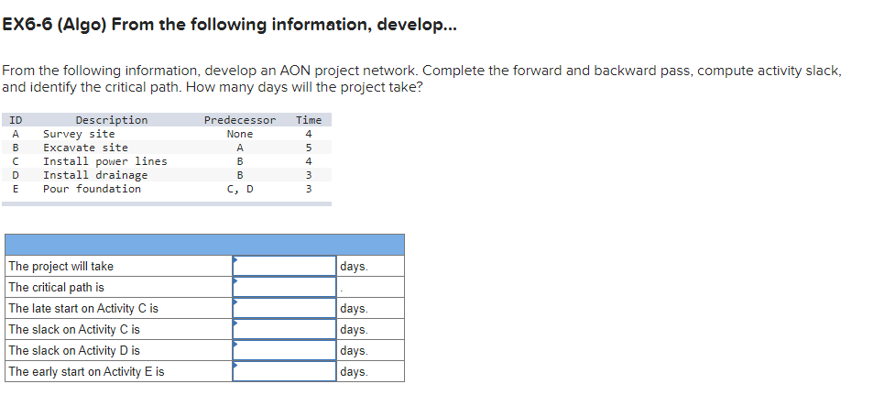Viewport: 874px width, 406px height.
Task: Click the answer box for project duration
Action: pyautogui.click(x=284, y=266)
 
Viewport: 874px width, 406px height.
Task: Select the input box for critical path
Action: pyautogui.click(x=284, y=287)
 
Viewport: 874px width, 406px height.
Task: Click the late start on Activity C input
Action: pyautogui.click(x=284, y=308)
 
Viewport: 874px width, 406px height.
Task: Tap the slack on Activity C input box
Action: pyautogui.click(x=284, y=329)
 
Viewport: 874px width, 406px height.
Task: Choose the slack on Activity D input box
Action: pyautogui.click(x=284, y=350)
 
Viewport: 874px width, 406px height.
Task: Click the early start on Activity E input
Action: pyautogui.click(x=284, y=371)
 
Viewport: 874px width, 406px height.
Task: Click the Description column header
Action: pyautogui.click(x=111, y=120)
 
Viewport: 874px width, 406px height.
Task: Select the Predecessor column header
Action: pyautogui.click(x=239, y=120)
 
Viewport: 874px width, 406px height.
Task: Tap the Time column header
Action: pyautogui.click(x=309, y=120)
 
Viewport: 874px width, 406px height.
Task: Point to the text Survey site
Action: pyautogui.click(x=79, y=134)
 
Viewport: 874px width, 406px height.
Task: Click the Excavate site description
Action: pyautogui.click(x=85, y=148)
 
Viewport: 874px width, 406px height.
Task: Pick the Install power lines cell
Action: pyautogui.click(x=104, y=161)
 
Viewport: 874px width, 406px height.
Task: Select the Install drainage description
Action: pyautogui.click(x=95, y=175)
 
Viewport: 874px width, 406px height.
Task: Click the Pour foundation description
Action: pyautogui.click(x=92, y=189)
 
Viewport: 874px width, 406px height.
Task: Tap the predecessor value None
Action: pyautogui.click(x=239, y=134)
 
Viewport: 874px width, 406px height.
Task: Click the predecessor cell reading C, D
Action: pyautogui.click(x=239, y=189)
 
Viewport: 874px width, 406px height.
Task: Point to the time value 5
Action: pyautogui.click(x=309, y=148)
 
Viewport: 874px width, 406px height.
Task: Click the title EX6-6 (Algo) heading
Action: pyautogui.click(x=228, y=25)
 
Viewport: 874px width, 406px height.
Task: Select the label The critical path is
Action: pyautogui.click(x=56, y=287)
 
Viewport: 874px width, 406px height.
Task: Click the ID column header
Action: pyautogui.click(x=16, y=120)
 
